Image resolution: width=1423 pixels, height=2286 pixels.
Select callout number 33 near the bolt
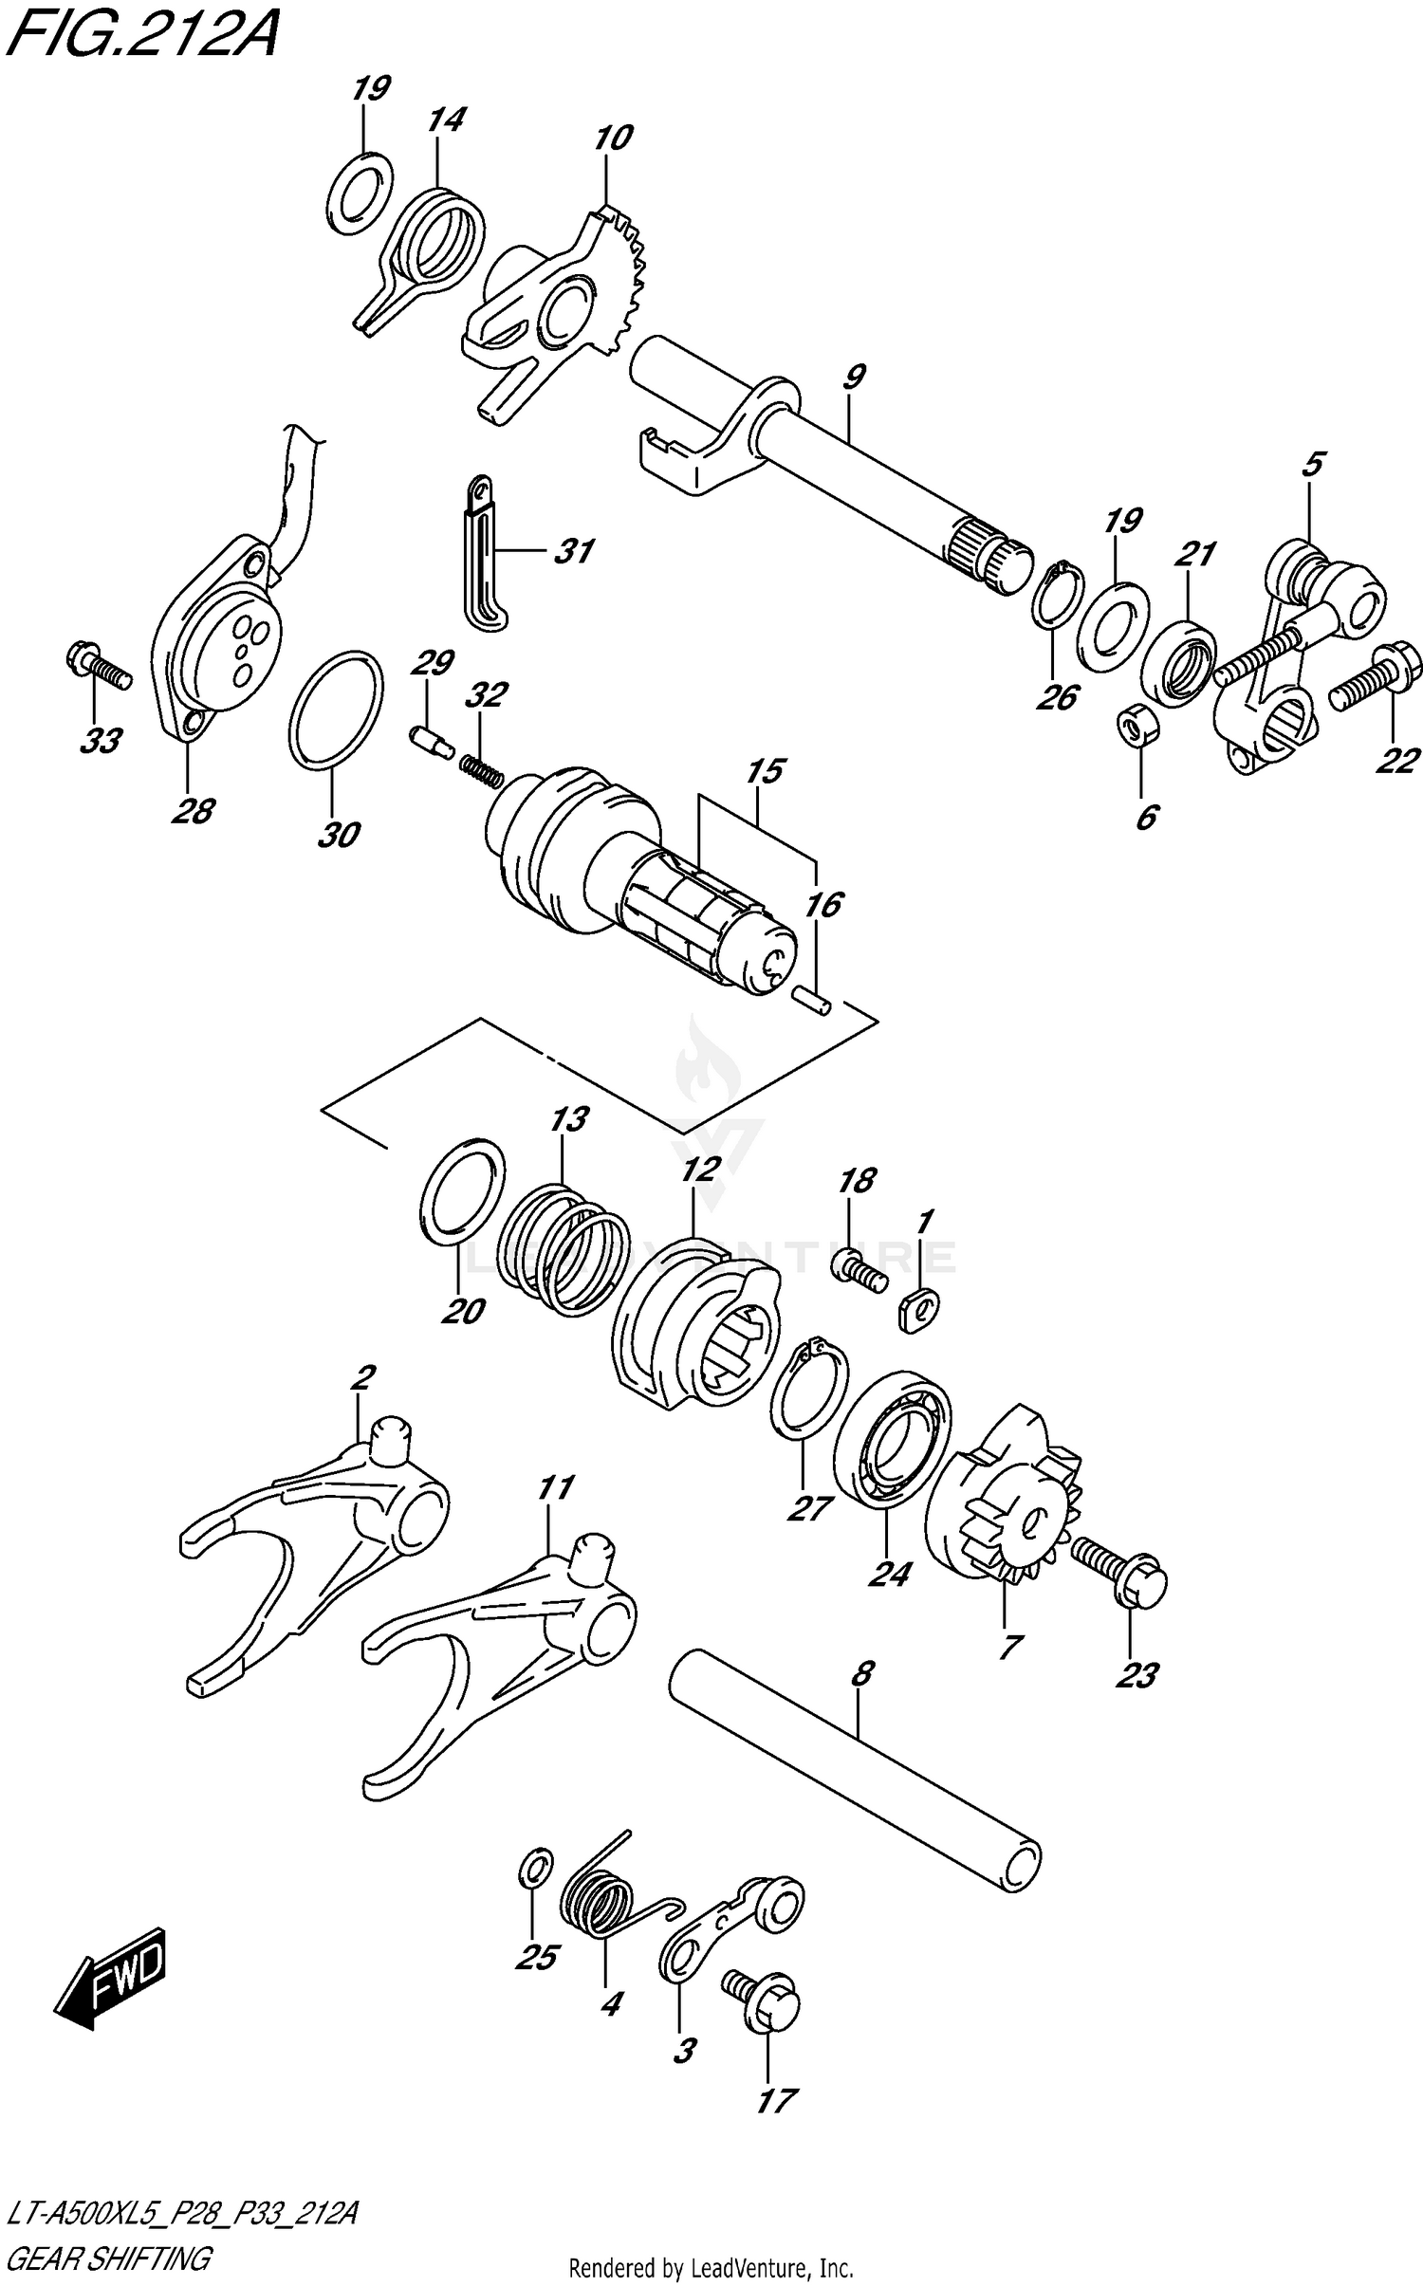tap(99, 740)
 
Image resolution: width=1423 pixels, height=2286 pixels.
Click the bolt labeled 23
tap(1119, 1577)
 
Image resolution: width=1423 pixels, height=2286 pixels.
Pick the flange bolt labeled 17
tap(765, 2010)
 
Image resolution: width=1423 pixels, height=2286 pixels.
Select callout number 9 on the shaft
tap(852, 378)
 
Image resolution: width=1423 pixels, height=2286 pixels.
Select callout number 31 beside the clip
tap(573, 551)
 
